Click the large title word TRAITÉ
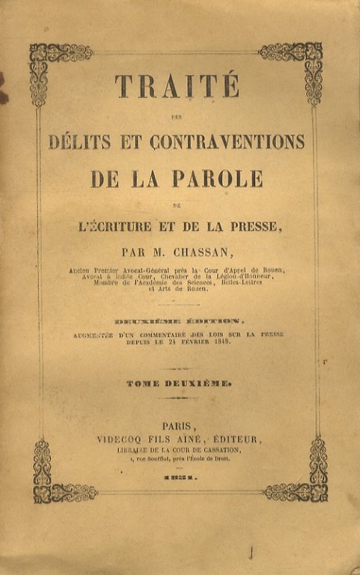tap(177, 86)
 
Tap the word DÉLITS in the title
tap(79, 141)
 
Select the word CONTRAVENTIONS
tap(229, 141)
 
